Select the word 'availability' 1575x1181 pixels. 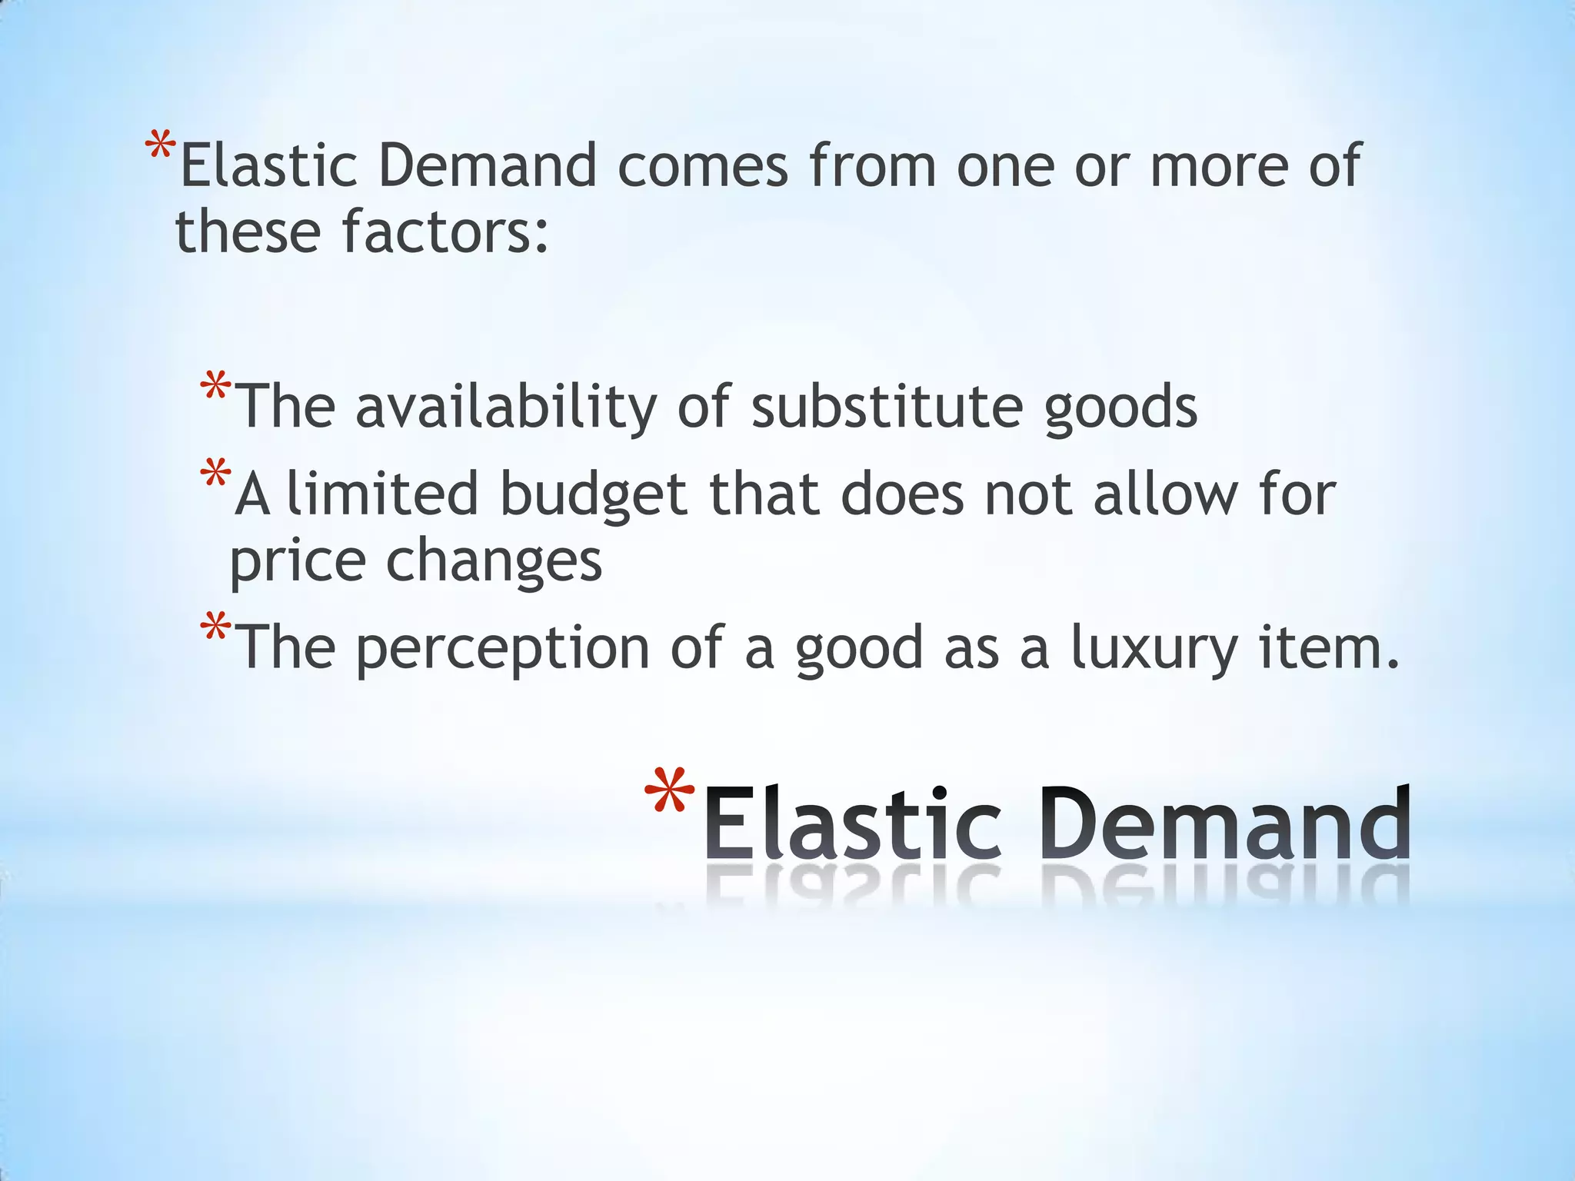click(x=506, y=408)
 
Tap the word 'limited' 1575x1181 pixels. click(x=382, y=494)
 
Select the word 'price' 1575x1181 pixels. click(x=298, y=563)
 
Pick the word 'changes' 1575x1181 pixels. click(x=494, y=563)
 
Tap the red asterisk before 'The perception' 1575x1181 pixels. click(x=215, y=627)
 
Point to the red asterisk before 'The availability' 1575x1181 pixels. click(x=215, y=387)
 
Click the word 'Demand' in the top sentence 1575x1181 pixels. click(x=488, y=166)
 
